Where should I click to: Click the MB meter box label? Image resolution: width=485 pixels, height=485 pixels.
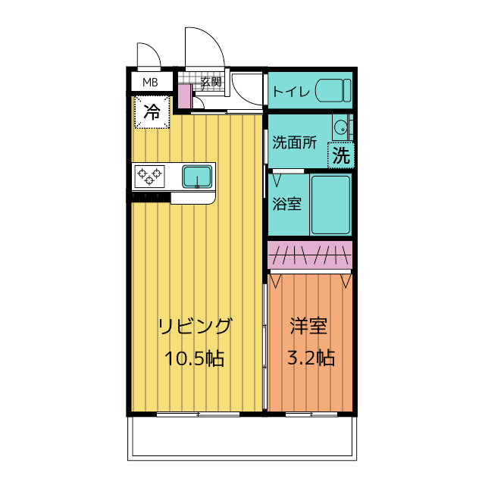click(150, 83)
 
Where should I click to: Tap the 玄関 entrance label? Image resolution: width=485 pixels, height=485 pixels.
click(211, 82)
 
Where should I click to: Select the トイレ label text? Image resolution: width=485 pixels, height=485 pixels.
click(291, 92)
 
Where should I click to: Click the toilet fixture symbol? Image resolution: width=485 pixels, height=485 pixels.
click(333, 90)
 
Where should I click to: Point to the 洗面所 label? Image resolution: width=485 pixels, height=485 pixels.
click(294, 142)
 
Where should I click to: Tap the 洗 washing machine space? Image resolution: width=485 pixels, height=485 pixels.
click(341, 155)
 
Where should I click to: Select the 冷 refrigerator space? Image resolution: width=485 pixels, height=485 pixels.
click(152, 112)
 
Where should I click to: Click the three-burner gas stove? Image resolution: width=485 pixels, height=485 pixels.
click(149, 177)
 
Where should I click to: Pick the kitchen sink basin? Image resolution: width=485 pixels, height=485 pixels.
click(197, 177)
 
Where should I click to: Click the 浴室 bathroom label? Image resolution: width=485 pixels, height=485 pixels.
click(286, 204)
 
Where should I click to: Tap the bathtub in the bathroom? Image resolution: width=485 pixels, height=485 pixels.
click(330, 205)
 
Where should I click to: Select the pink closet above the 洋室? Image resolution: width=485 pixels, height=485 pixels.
click(310, 255)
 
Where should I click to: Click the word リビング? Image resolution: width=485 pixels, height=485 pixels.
click(195, 327)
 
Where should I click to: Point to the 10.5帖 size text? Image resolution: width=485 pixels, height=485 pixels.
click(195, 358)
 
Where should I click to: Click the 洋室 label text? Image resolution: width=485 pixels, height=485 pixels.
click(308, 327)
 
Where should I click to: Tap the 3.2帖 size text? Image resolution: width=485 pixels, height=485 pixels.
click(311, 358)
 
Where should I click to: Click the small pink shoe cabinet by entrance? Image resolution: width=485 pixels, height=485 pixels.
click(185, 96)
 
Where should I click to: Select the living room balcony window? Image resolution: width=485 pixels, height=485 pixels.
click(198, 415)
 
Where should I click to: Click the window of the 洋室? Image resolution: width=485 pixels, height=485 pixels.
click(311, 415)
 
